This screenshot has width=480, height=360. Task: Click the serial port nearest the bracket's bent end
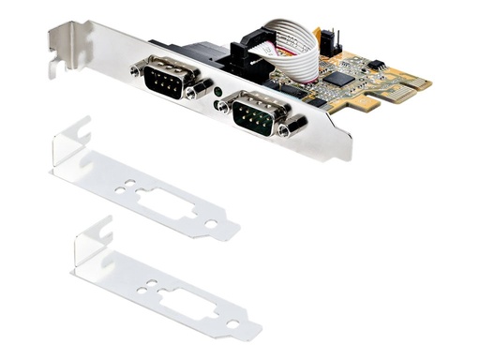[x=168, y=76]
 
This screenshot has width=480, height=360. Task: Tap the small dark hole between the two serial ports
[x=217, y=92]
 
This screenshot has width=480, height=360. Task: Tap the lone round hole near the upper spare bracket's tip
[x=211, y=223]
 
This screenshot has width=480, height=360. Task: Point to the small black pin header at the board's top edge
[x=327, y=39]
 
